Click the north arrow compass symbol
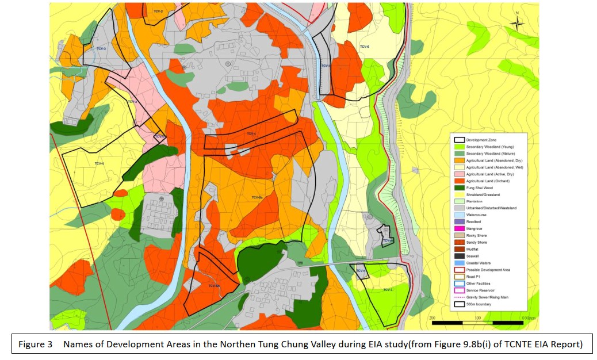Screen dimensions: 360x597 (x=517, y=22)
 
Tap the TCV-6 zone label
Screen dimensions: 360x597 (x=364, y=47)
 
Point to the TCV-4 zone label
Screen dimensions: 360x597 (x=99, y=164)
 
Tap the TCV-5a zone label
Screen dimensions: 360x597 (x=257, y=197)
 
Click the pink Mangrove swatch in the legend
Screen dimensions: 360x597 (x=459, y=228)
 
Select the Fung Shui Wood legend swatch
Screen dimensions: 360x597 (x=459, y=187)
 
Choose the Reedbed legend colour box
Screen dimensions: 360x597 (x=459, y=221)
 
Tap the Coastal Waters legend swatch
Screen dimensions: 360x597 (x=459, y=262)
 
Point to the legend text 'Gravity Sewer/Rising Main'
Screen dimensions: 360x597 (x=488, y=297)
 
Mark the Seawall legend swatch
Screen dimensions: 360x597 (x=459, y=256)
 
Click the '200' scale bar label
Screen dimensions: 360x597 (x=433, y=317)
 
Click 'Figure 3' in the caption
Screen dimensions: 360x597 (x=36, y=344)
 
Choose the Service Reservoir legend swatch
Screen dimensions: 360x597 (x=459, y=290)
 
